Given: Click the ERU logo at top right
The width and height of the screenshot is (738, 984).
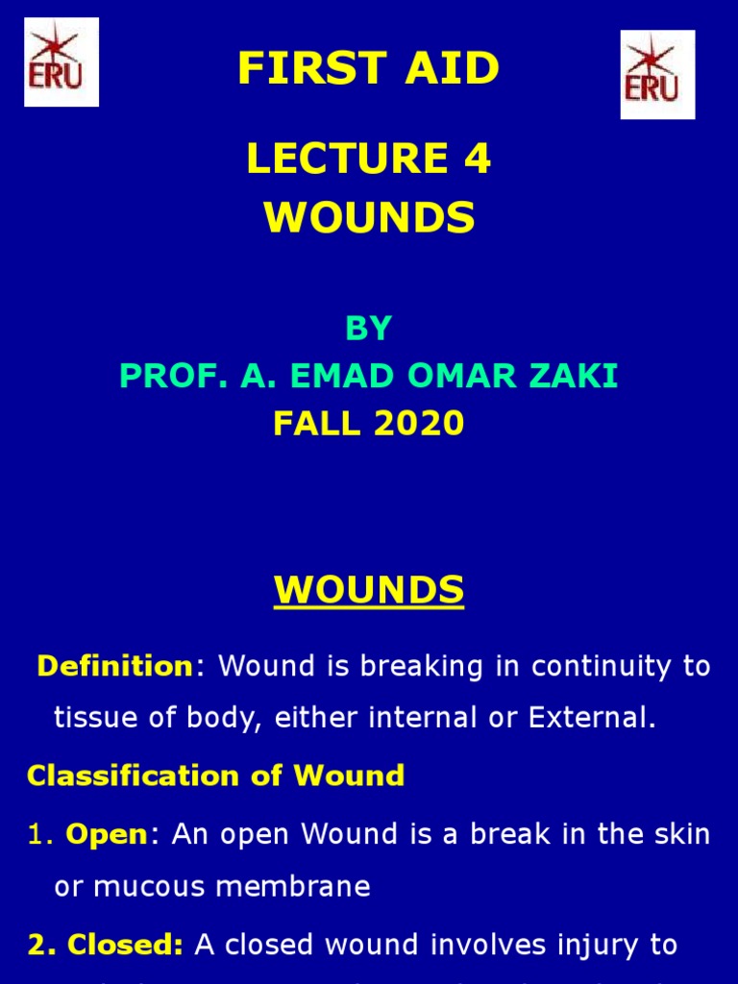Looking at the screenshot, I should (x=657, y=74).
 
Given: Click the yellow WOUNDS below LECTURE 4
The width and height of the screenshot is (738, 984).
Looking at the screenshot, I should (x=369, y=218).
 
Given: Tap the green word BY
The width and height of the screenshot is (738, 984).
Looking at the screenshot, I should (x=369, y=329).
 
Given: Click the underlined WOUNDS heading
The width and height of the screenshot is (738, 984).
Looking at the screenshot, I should (x=369, y=589).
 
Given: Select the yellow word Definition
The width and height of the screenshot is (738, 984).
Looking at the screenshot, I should (x=115, y=666).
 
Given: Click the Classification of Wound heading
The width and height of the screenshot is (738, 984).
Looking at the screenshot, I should (x=216, y=775).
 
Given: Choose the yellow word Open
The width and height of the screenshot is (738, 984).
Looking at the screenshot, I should (x=106, y=834).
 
